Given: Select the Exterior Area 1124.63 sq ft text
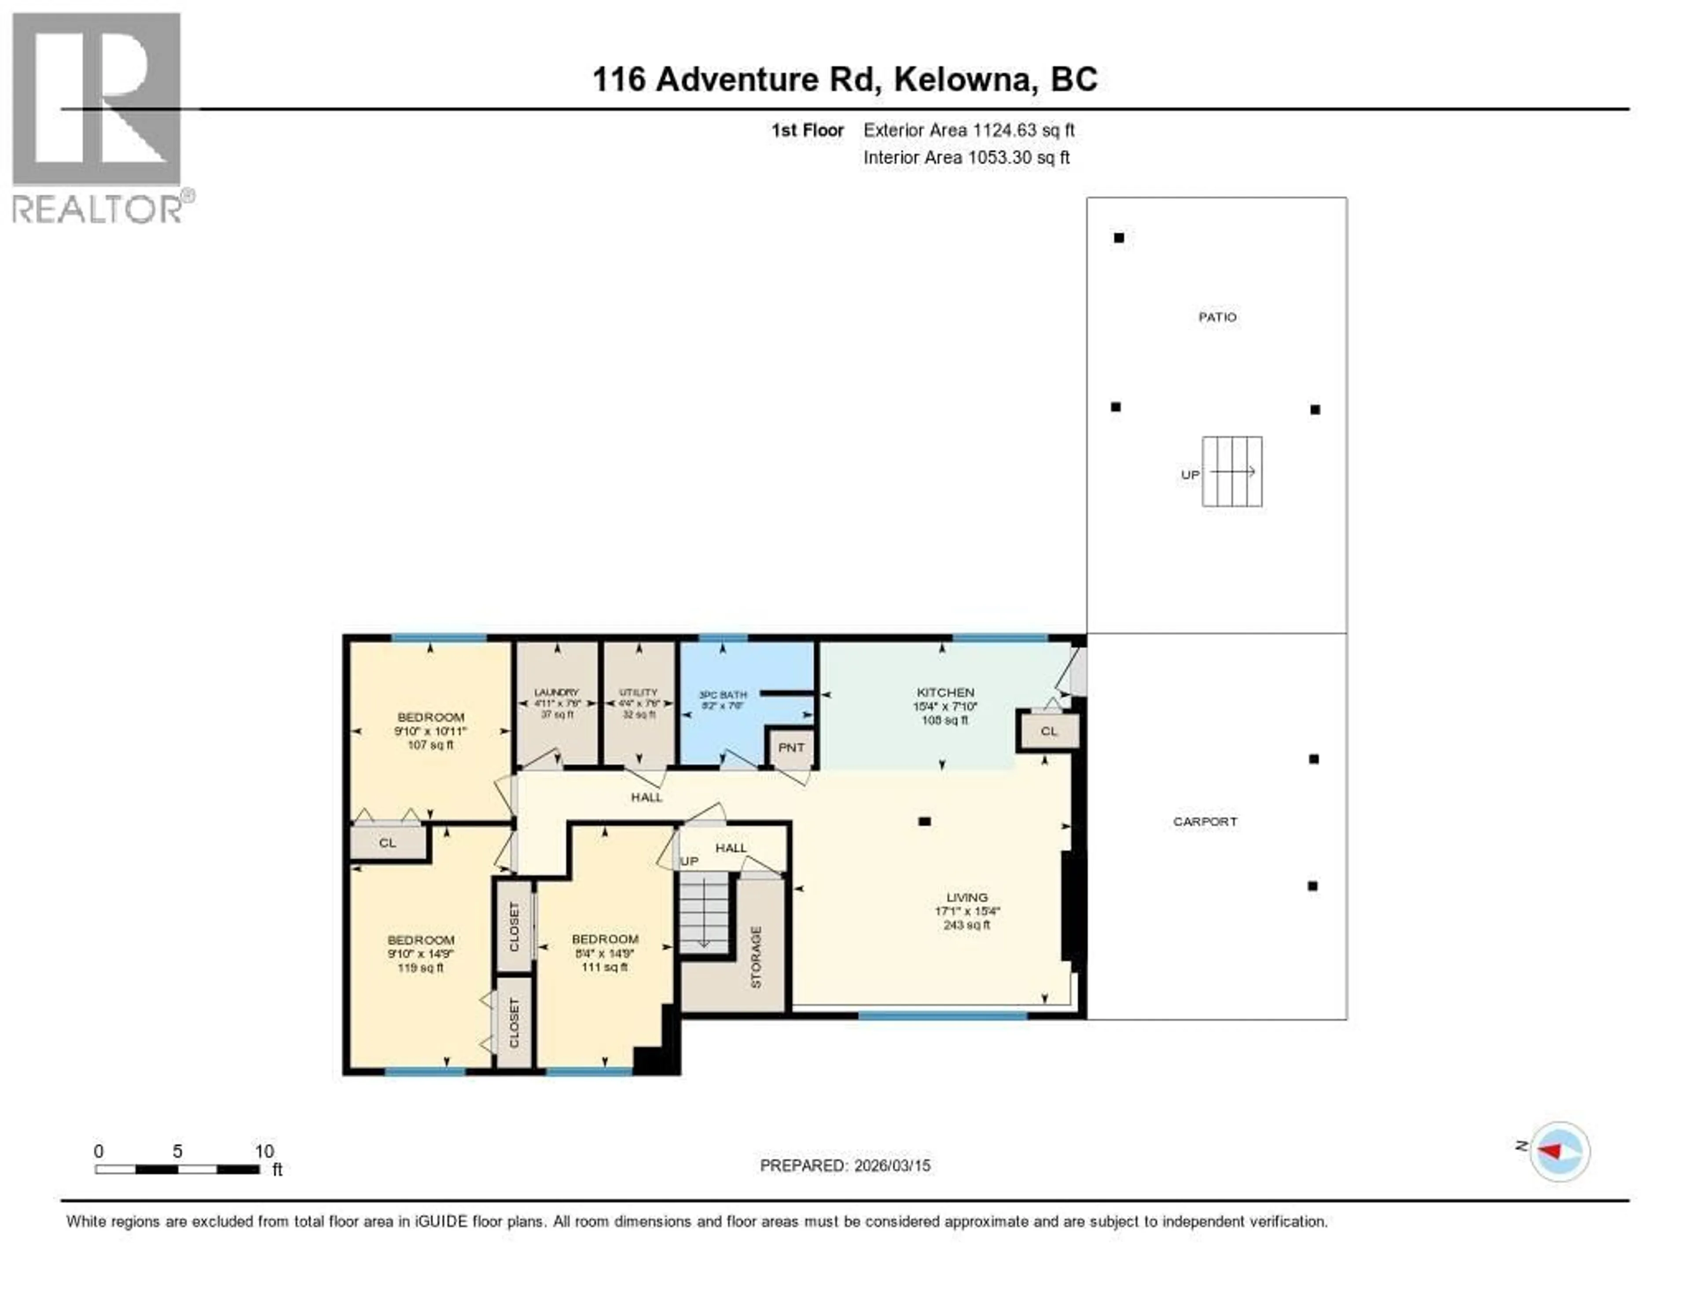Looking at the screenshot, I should [x=968, y=130].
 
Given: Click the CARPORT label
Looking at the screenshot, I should [x=1205, y=821].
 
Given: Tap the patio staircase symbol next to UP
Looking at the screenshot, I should [x=1232, y=472].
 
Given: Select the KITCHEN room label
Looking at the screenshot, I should [x=945, y=692].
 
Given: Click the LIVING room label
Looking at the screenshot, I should [x=966, y=897].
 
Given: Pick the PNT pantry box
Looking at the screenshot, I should [x=791, y=748].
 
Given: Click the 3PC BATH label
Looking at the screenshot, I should [x=723, y=694].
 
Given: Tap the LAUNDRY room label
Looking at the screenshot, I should [x=556, y=692].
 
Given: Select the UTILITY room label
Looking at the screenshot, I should [x=639, y=692].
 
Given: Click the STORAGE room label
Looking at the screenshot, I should [x=756, y=957].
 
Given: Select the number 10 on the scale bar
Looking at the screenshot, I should [x=264, y=1151].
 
